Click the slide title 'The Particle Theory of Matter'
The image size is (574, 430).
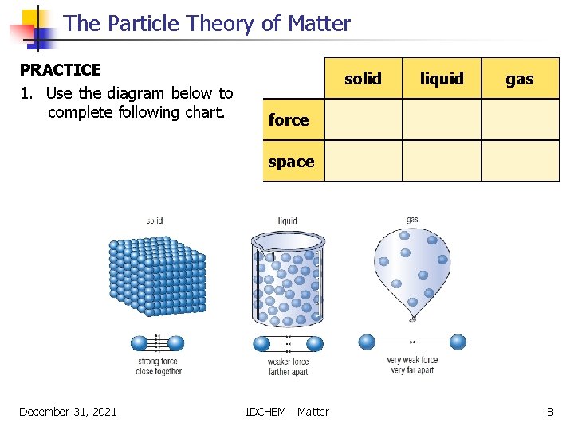206,24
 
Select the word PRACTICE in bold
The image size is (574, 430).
60,70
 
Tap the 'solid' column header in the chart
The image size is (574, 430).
363,78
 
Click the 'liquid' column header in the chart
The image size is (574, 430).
442,78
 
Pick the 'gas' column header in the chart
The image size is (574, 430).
520,78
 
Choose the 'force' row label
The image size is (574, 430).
289,120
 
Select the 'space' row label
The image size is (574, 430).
291,162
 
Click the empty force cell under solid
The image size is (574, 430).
363,120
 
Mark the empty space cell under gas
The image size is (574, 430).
520,162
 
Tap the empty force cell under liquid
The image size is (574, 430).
442,120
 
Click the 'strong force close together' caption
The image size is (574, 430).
158,366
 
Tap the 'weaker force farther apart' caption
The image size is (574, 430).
288,367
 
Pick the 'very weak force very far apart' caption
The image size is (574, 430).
412,365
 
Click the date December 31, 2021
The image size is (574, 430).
68,412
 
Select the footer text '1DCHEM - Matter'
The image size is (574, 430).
286,412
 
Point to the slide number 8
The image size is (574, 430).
550,412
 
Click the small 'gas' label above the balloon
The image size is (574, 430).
412,220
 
